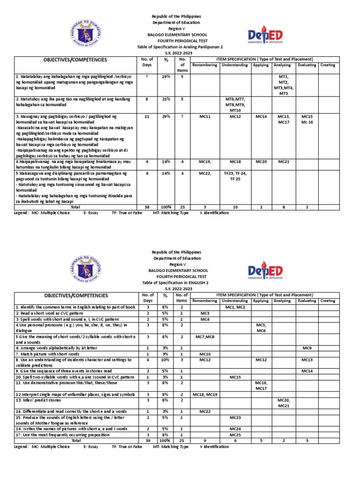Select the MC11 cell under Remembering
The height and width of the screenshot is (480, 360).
click(204, 115)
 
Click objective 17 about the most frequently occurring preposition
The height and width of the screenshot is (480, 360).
click(76, 435)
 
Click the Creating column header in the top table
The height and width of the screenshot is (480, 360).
click(328, 65)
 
